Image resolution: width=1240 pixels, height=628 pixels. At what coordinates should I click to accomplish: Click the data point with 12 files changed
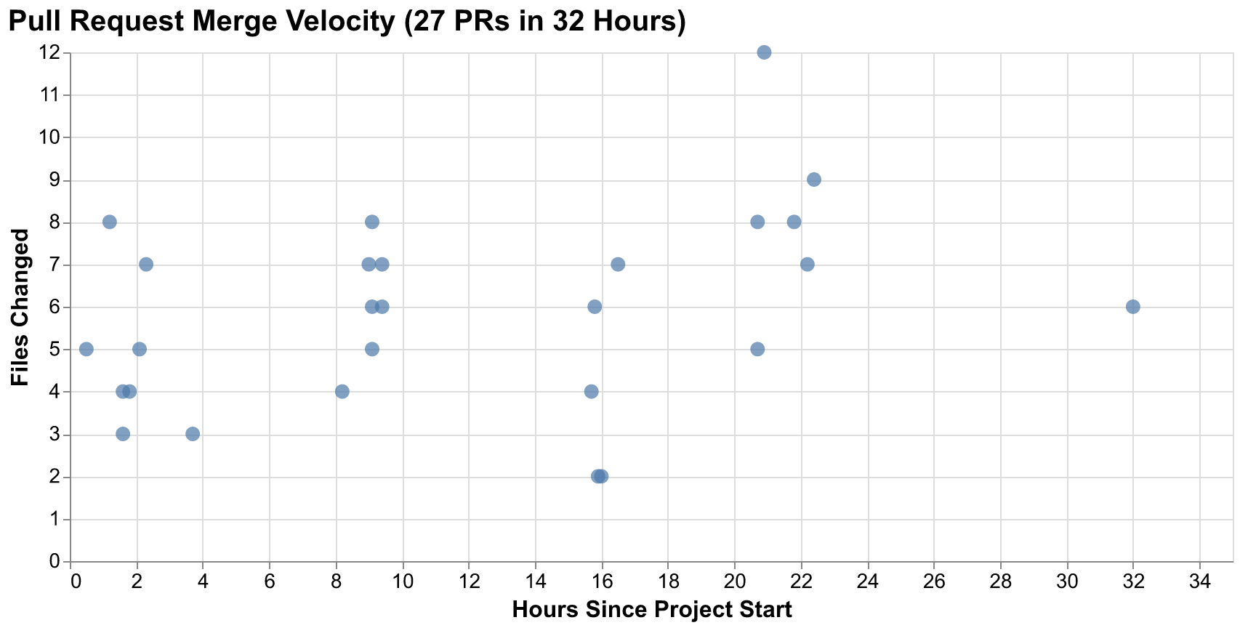click(764, 52)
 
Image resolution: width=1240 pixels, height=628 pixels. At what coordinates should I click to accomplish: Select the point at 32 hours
click(1132, 307)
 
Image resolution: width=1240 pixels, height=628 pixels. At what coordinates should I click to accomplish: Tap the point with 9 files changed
click(814, 180)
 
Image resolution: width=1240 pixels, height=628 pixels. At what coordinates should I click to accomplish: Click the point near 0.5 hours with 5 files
click(86, 349)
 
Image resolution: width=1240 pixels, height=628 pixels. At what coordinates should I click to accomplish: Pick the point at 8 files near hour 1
click(110, 222)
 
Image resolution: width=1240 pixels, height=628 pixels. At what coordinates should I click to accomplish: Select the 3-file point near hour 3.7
click(193, 434)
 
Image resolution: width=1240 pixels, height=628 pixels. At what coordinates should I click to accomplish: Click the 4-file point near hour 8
click(342, 392)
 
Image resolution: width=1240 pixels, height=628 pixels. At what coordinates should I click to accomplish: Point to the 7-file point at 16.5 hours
click(618, 265)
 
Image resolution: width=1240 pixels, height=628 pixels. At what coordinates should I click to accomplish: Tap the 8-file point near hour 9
click(372, 222)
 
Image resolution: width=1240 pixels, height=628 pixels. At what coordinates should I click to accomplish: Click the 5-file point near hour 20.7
click(757, 349)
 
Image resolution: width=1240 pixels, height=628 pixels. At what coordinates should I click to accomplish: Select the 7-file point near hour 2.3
click(146, 265)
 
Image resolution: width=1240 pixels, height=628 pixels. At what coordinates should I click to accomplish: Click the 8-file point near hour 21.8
click(794, 222)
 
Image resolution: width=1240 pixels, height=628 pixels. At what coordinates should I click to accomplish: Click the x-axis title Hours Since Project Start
click(652, 610)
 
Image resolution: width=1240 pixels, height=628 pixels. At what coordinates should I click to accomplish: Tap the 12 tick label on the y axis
click(51, 53)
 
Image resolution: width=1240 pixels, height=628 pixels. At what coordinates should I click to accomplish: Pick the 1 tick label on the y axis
click(55, 520)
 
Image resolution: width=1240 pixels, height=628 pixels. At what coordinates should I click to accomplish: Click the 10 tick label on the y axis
click(51, 137)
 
